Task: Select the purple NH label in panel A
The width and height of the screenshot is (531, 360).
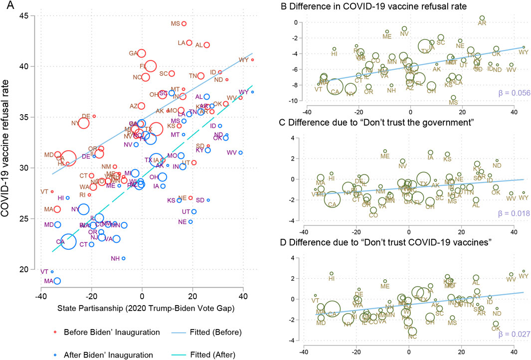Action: pos(115,258)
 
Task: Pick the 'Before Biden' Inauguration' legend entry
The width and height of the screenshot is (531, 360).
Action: pos(100,332)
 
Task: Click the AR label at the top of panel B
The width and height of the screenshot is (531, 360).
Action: pos(482,23)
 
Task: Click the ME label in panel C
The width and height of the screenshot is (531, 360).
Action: pos(385,157)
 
